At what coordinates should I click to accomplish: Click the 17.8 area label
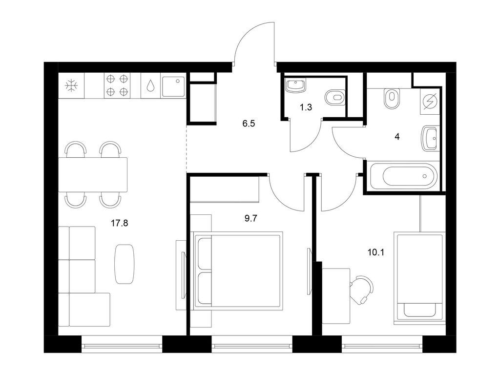tap(119, 223)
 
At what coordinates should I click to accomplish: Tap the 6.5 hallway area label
tap(249, 124)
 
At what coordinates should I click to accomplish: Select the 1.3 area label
tap(306, 107)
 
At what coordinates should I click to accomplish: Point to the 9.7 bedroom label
tap(250, 218)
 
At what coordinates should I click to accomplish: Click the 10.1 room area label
tap(376, 252)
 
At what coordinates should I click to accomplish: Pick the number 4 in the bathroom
tap(397, 137)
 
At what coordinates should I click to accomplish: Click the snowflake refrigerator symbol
tap(71, 85)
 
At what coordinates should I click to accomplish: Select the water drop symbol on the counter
tap(150, 86)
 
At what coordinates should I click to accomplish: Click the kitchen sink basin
tap(173, 86)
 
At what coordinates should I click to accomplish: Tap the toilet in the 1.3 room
tap(335, 97)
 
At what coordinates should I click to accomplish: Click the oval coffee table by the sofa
tap(125, 264)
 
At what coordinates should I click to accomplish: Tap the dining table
tap(93, 174)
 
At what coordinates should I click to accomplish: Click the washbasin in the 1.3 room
tap(296, 85)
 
